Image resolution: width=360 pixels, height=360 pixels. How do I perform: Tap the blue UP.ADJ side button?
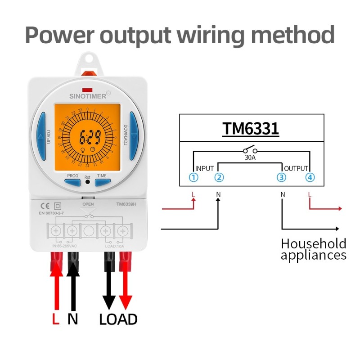(x=41, y=136)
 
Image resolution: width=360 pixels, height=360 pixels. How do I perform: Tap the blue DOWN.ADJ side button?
(x=133, y=136)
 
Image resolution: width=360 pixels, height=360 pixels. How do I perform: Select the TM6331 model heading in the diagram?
(x=251, y=129)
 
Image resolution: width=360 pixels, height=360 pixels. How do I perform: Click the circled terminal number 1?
(x=193, y=177)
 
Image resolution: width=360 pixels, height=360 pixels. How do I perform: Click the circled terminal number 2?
(x=219, y=177)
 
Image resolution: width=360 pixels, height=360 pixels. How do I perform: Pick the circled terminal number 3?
(x=282, y=177)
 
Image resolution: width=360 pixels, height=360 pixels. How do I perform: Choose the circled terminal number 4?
(x=310, y=177)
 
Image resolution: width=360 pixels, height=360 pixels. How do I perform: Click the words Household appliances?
(x=313, y=250)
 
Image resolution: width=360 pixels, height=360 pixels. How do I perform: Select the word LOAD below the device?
(x=118, y=319)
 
